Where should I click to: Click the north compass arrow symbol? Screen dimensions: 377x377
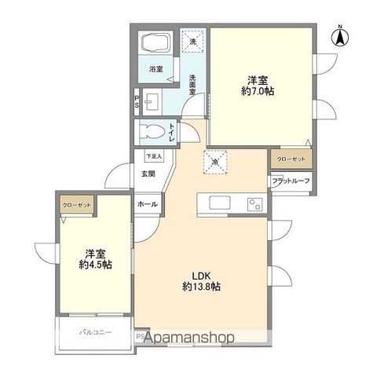tap(340, 36)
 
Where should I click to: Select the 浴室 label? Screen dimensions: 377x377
tap(156, 69)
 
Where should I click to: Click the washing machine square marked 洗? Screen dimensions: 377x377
tap(193, 40)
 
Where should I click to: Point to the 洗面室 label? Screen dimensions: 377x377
tap(193, 83)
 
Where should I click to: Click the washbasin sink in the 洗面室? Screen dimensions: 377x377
tap(151, 101)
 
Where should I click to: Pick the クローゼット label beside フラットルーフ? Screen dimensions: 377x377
tap(291, 160)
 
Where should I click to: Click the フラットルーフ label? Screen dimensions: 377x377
tap(291, 181)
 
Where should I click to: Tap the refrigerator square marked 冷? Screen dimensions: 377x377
tap(217, 161)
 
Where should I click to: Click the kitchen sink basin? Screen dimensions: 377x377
tap(218, 206)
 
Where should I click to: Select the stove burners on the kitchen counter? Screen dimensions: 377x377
tap(254, 206)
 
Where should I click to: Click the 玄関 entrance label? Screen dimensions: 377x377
tap(148, 174)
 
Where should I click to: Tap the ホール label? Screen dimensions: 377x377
tap(147, 204)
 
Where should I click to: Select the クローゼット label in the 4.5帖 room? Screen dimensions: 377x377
tap(75, 206)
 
